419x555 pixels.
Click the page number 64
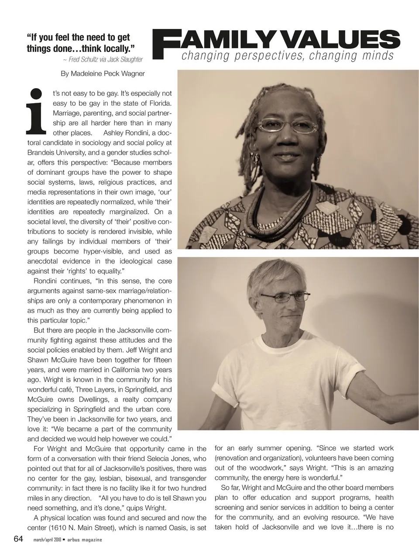[x=18, y=538]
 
